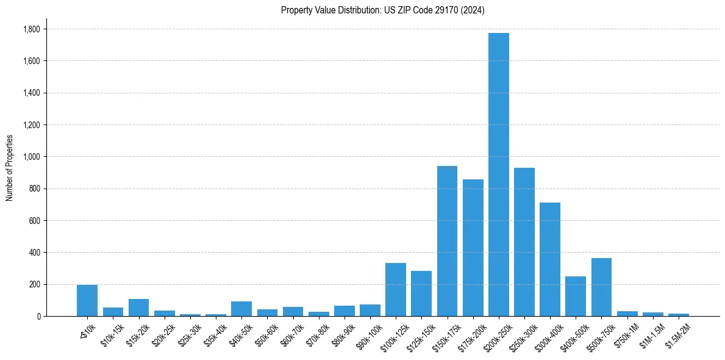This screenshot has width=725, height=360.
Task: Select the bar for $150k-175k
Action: coord(447,241)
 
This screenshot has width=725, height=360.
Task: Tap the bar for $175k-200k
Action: coord(473,248)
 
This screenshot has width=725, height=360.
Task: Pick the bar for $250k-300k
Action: coord(524,242)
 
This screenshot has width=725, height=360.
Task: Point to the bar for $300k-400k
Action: coord(549,259)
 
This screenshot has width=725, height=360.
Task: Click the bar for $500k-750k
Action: coord(601,287)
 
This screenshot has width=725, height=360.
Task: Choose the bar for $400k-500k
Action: coord(576,296)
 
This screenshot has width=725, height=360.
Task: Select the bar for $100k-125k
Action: coord(396,289)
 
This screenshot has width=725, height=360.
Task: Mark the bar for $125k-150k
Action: coord(421,293)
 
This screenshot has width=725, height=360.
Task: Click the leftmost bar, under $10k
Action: coord(87,300)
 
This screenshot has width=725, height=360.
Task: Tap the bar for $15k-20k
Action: coord(138,308)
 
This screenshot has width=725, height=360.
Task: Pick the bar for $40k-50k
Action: coord(241,309)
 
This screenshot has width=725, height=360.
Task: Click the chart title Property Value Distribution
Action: coord(382,10)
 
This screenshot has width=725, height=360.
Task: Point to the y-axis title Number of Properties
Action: coord(10,168)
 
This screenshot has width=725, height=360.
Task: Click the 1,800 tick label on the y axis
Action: coord(31,29)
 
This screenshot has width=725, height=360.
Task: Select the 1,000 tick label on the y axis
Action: coord(31,157)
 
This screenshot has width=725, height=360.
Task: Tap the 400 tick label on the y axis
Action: coord(34,253)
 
